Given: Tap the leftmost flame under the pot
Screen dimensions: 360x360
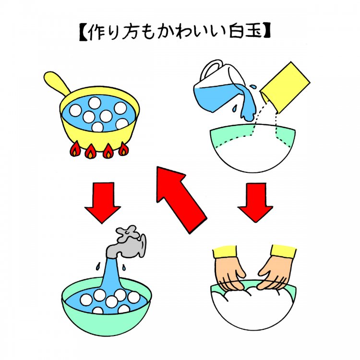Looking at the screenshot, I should click(x=76, y=150).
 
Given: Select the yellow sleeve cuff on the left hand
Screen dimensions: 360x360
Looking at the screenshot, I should click(x=225, y=252).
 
